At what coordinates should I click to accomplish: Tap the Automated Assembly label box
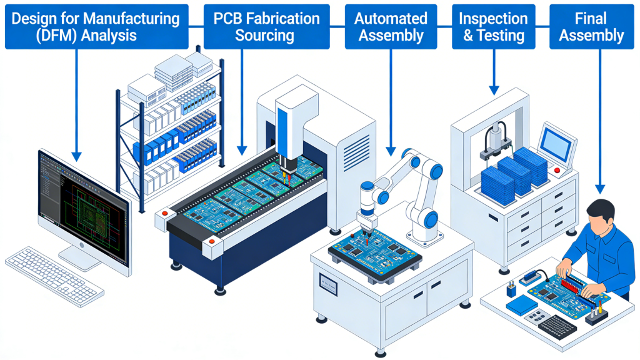click(391, 26)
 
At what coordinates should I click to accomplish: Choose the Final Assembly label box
click(591, 26)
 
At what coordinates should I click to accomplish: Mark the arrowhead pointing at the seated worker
click(600, 189)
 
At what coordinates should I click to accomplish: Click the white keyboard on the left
click(54, 276)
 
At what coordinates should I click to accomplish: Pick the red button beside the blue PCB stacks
click(557, 170)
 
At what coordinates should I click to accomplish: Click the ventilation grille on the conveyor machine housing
click(357, 153)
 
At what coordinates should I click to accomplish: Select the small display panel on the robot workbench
click(327, 284)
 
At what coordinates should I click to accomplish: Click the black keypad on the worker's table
click(556, 326)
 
